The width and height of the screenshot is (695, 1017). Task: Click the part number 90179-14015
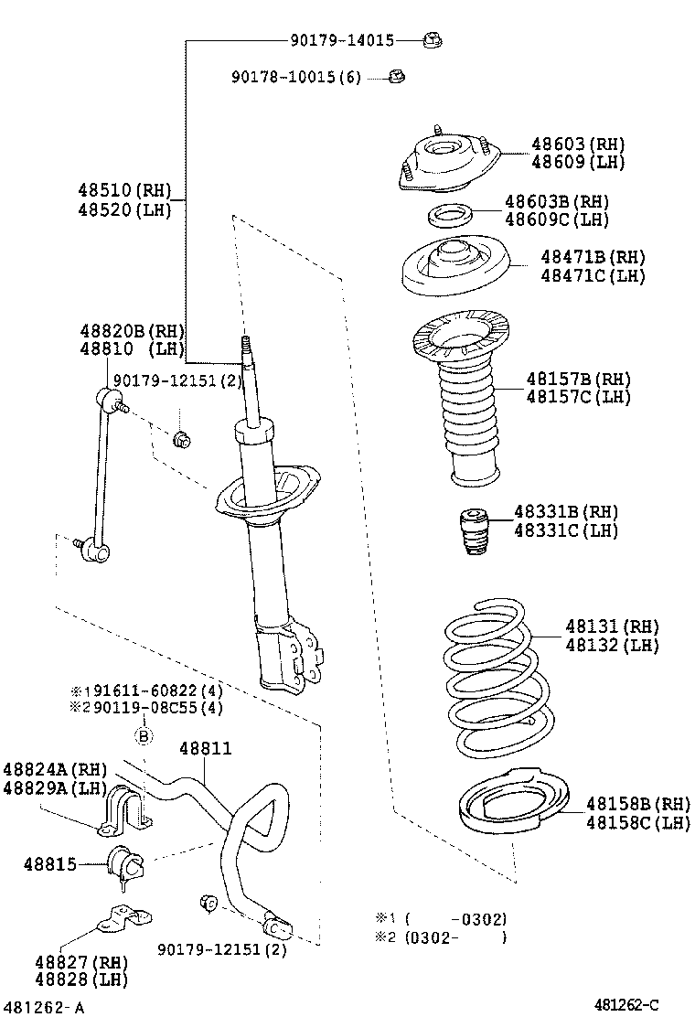342,40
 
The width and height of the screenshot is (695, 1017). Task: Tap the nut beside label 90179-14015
433,41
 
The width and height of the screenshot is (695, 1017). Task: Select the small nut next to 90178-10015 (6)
397,77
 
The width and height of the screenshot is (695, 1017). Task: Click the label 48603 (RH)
578,144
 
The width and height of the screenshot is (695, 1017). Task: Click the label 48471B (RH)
593,258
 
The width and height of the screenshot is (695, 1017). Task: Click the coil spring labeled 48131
499,678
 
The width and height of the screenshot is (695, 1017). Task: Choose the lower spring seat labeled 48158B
513,804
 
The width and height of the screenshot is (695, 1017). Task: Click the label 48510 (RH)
124,190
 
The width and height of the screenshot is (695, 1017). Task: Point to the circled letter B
144,735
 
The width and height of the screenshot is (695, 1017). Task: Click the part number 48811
205,748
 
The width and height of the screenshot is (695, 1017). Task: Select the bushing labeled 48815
126,864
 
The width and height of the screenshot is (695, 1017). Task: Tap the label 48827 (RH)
81,962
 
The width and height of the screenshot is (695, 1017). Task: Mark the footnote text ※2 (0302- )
441,937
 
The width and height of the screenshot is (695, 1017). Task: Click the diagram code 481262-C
626,1005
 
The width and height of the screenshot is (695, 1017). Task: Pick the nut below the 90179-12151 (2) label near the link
182,440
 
